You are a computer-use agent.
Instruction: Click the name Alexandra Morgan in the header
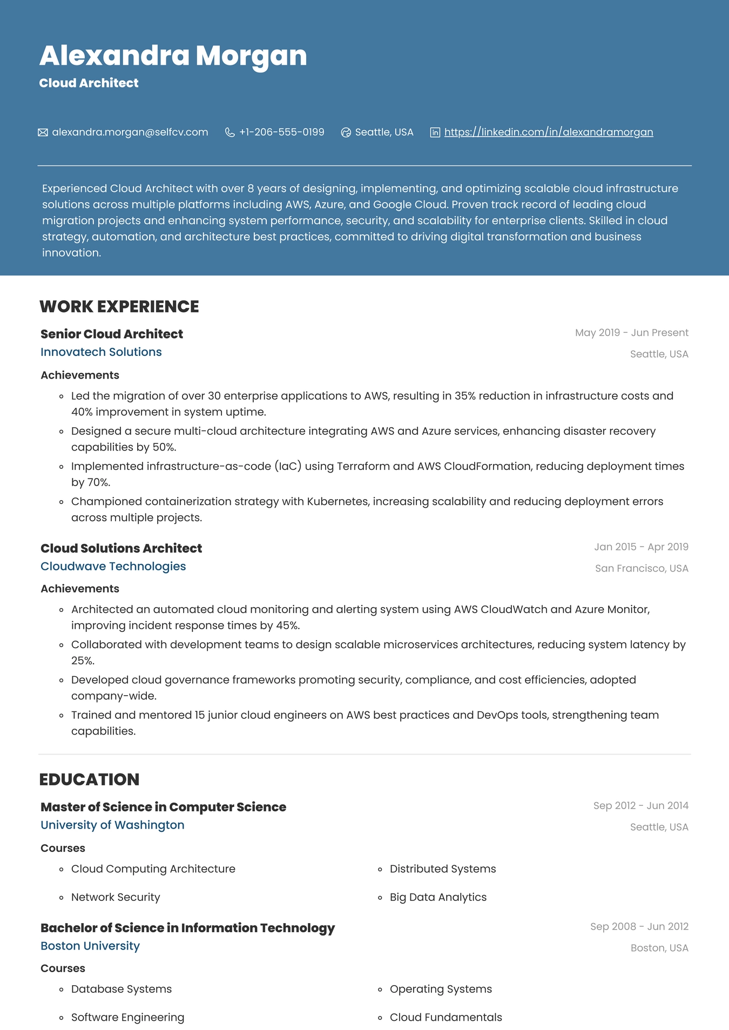click(173, 56)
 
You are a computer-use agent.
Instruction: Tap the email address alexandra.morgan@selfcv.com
click(130, 132)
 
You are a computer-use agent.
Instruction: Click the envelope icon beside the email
click(43, 132)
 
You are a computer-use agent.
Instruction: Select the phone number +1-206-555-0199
click(281, 132)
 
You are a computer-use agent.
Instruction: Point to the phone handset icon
click(230, 132)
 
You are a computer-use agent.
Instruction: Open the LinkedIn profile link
click(548, 132)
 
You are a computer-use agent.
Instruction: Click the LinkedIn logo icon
click(435, 132)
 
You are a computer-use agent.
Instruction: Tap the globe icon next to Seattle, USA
click(346, 132)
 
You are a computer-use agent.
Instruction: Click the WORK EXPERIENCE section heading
click(119, 306)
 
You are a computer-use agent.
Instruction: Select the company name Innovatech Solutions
click(101, 352)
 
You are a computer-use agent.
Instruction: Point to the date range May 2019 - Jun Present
click(631, 333)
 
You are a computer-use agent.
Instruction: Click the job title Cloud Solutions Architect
click(121, 548)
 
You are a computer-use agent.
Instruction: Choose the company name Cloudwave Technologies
click(113, 566)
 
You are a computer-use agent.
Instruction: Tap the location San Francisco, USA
click(641, 568)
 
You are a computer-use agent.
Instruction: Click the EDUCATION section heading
click(89, 779)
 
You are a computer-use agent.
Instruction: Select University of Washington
click(112, 825)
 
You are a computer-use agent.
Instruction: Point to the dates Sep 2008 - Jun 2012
click(639, 926)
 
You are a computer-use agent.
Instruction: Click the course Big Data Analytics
click(438, 897)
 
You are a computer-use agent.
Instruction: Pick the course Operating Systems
click(441, 989)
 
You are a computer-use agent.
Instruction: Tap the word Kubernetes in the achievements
click(337, 501)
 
